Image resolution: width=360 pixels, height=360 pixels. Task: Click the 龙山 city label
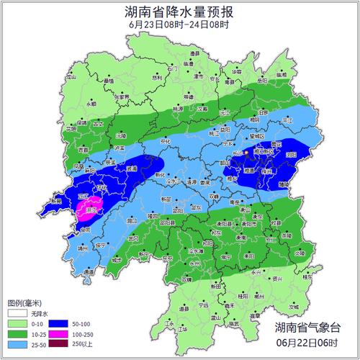click(71, 76)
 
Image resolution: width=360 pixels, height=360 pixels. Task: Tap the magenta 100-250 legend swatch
click(52, 334)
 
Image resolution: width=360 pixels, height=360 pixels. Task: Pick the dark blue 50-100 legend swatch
click(52, 324)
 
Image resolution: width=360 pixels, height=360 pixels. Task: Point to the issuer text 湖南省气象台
click(305, 328)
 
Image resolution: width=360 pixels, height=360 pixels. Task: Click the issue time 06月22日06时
click(305, 341)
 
